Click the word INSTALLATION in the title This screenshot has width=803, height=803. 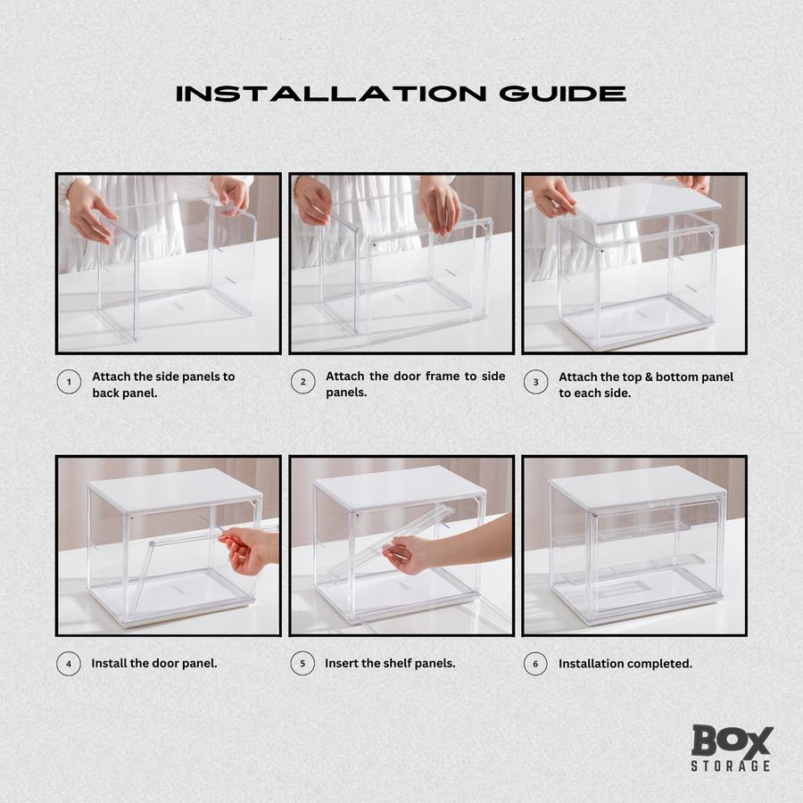(x=331, y=94)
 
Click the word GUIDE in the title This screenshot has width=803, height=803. (x=563, y=94)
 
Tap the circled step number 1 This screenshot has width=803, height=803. (x=69, y=382)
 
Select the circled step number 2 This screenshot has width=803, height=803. (x=302, y=382)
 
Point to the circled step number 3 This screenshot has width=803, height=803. (x=535, y=382)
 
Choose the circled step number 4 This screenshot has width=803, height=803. (x=69, y=664)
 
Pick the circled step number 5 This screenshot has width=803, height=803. (x=302, y=663)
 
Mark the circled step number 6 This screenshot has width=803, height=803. (x=535, y=664)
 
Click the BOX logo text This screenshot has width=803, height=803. (x=732, y=741)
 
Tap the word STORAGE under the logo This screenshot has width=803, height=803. (x=731, y=766)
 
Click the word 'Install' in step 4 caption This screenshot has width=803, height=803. (x=109, y=663)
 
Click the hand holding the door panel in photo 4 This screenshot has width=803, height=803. (x=247, y=549)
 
